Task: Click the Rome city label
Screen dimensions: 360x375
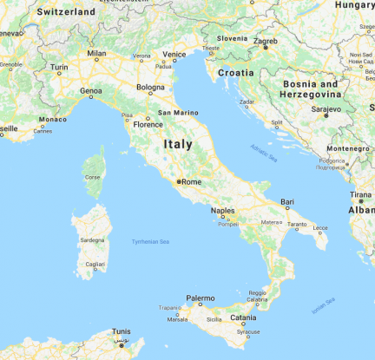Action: (x=192, y=181)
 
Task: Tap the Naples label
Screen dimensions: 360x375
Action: (x=222, y=211)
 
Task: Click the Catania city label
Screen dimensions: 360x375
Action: (x=243, y=318)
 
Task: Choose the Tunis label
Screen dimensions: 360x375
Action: (x=122, y=331)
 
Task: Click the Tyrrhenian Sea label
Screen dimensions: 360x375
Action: (x=147, y=240)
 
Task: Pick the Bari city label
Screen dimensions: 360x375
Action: (x=287, y=201)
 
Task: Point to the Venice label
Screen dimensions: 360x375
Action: (x=174, y=54)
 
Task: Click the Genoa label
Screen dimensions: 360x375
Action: (x=90, y=89)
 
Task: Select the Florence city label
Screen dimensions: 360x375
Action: (x=148, y=124)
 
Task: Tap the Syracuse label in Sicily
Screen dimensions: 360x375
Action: (x=247, y=331)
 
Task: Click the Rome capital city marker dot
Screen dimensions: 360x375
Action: (x=178, y=182)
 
